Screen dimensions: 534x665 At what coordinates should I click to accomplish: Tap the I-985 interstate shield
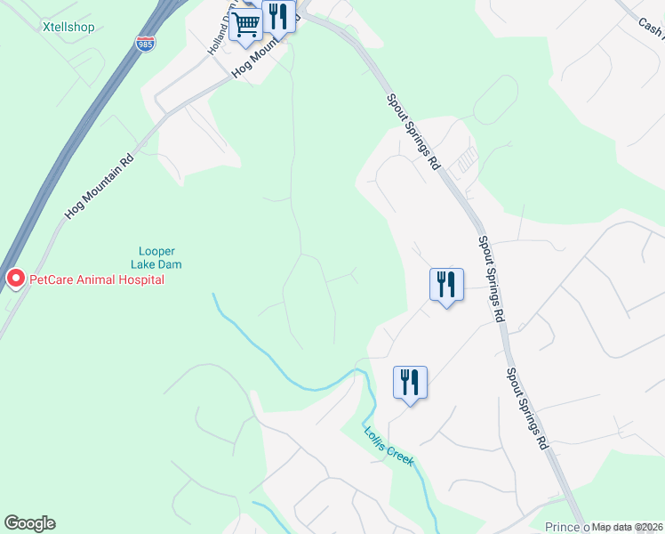coord(143,42)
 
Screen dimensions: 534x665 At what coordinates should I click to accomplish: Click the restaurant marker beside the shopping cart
coord(278,15)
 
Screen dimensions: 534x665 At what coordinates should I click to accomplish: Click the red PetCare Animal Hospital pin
coord(15,279)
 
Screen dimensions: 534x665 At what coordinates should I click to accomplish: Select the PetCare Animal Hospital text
coord(97,279)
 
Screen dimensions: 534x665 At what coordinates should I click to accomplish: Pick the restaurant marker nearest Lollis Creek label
coord(410,383)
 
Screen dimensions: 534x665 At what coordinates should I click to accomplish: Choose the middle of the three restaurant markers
coord(446,285)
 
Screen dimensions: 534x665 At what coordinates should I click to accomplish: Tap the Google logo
coord(30,523)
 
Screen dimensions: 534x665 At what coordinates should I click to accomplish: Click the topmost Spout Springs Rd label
coord(413,132)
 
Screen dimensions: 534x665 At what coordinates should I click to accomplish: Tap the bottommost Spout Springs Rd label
coord(526,409)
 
